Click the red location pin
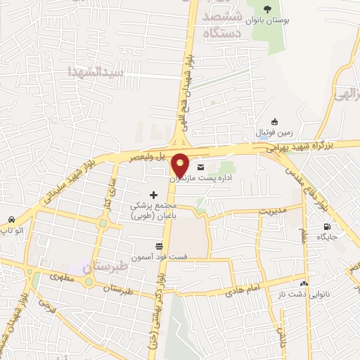tap(180, 164)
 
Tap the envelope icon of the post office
tap(202, 167)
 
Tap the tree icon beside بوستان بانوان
tap(266, 9)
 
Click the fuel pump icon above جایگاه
tap(326, 227)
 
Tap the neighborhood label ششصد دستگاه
tap(222, 25)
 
